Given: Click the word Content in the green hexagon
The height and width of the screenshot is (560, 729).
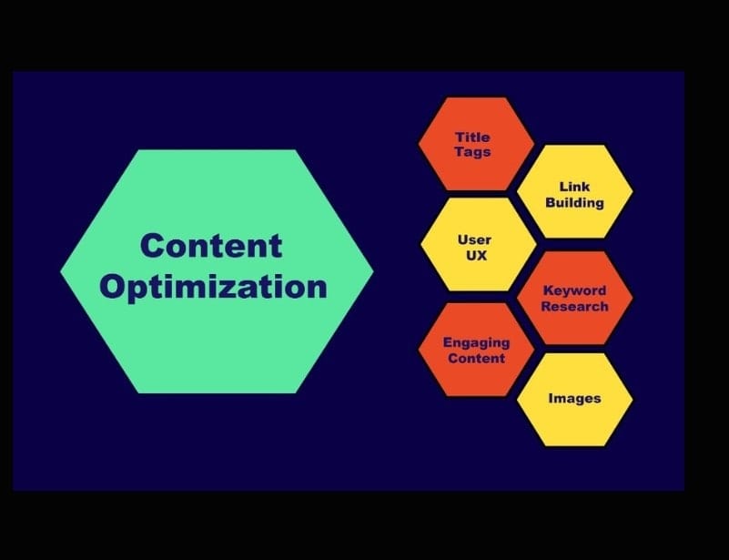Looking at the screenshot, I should (x=212, y=246).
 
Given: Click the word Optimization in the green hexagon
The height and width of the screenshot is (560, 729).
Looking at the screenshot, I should (x=214, y=287).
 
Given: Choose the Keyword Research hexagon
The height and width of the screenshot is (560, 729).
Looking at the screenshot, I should (x=573, y=297).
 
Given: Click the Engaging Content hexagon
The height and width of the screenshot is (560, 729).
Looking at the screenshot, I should (x=475, y=350).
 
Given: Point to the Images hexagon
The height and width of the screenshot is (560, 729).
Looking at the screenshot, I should (x=574, y=399).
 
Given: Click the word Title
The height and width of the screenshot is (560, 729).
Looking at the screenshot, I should (x=472, y=137).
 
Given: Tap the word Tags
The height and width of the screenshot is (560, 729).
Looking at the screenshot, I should (x=472, y=151).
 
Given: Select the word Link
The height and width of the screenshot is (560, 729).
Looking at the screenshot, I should (x=574, y=187).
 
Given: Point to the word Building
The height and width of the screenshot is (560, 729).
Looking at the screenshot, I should (x=574, y=202).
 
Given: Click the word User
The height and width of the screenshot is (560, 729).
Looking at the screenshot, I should (x=474, y=240).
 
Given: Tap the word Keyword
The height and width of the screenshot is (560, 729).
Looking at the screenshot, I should (x=574, y=290).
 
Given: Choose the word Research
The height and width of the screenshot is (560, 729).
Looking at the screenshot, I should (x=574, y=306).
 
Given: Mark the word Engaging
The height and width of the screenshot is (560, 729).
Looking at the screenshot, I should (x=476, y=342).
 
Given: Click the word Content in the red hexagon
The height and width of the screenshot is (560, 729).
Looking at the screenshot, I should (x=475, y=358).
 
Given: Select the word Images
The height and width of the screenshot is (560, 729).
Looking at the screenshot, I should (x=574, y=399).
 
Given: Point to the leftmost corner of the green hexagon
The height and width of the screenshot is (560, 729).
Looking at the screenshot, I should (x=63, y=271).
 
